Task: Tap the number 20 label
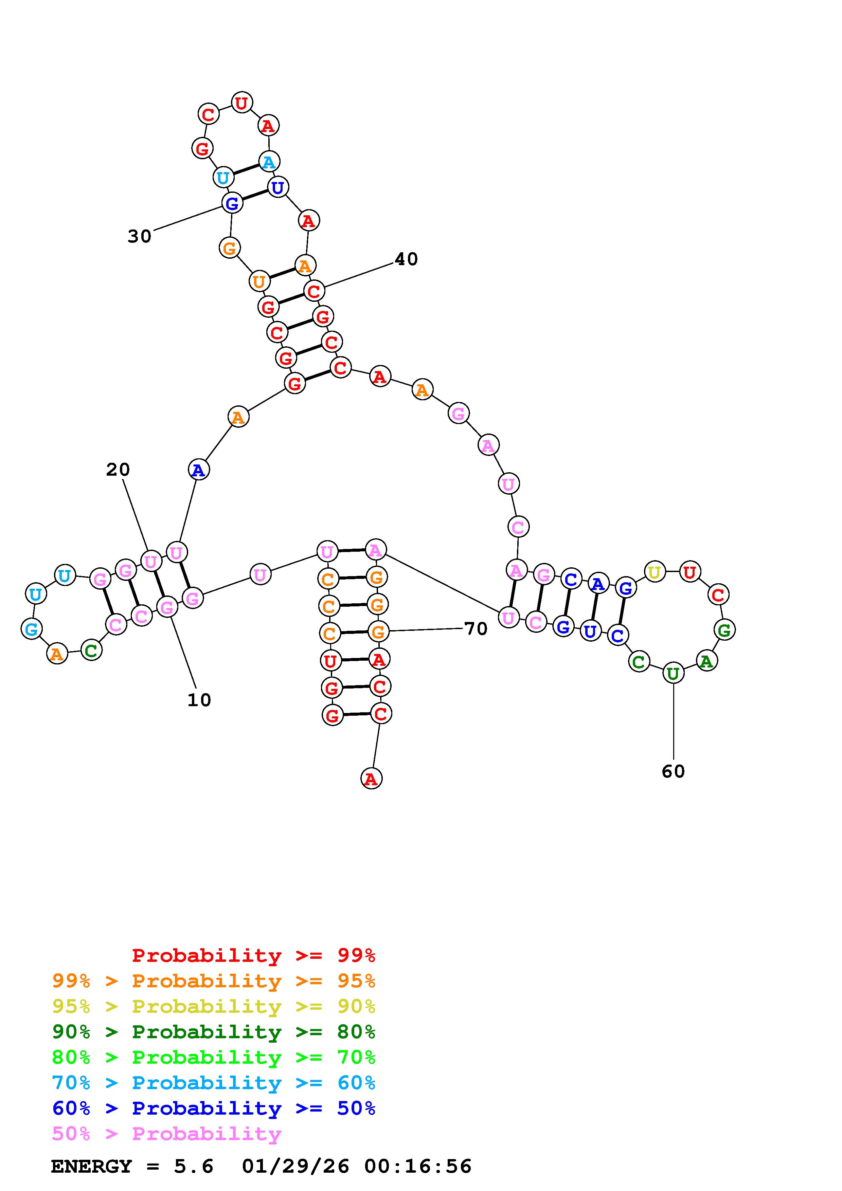coord(118,470)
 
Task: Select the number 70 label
coord(476,629)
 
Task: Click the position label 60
coord(674,771)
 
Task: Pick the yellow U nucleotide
coord(655,572)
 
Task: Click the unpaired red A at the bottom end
coord(371,778)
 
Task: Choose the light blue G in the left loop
coord(32,629)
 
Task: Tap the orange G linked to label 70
coord(378,632)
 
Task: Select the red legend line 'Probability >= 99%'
coord(254,955)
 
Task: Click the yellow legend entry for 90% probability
coord(214,1006)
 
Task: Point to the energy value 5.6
coord(194,1167)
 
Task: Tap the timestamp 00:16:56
coord(418,1167)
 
